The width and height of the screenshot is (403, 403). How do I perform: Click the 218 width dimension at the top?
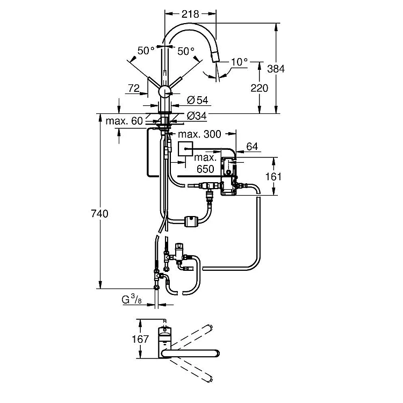pyautogui.click(x=190, y=14)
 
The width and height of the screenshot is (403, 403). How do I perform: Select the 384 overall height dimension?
pyautogui.click(x=276, y=69)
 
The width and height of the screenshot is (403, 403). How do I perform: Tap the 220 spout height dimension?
pyautogui.click(x=260, y=88)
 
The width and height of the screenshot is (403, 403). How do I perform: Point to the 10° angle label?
pyautogui.click(x=239, y=62)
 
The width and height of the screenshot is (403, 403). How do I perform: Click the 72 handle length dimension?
pyautogui.click(x=134, y=88)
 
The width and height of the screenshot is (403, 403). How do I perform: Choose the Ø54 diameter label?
pyautogui.click(x=198, y=100)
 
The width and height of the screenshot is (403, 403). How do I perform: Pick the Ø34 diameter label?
pyautogui.click(x=197, y=116)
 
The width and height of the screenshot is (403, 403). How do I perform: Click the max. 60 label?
pyautogui.click(x=124, y=121)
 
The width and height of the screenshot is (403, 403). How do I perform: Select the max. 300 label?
pyautogui.click(x=199, y=134)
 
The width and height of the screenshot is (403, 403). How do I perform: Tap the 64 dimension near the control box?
pyautogui.click(x=252, y=146)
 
